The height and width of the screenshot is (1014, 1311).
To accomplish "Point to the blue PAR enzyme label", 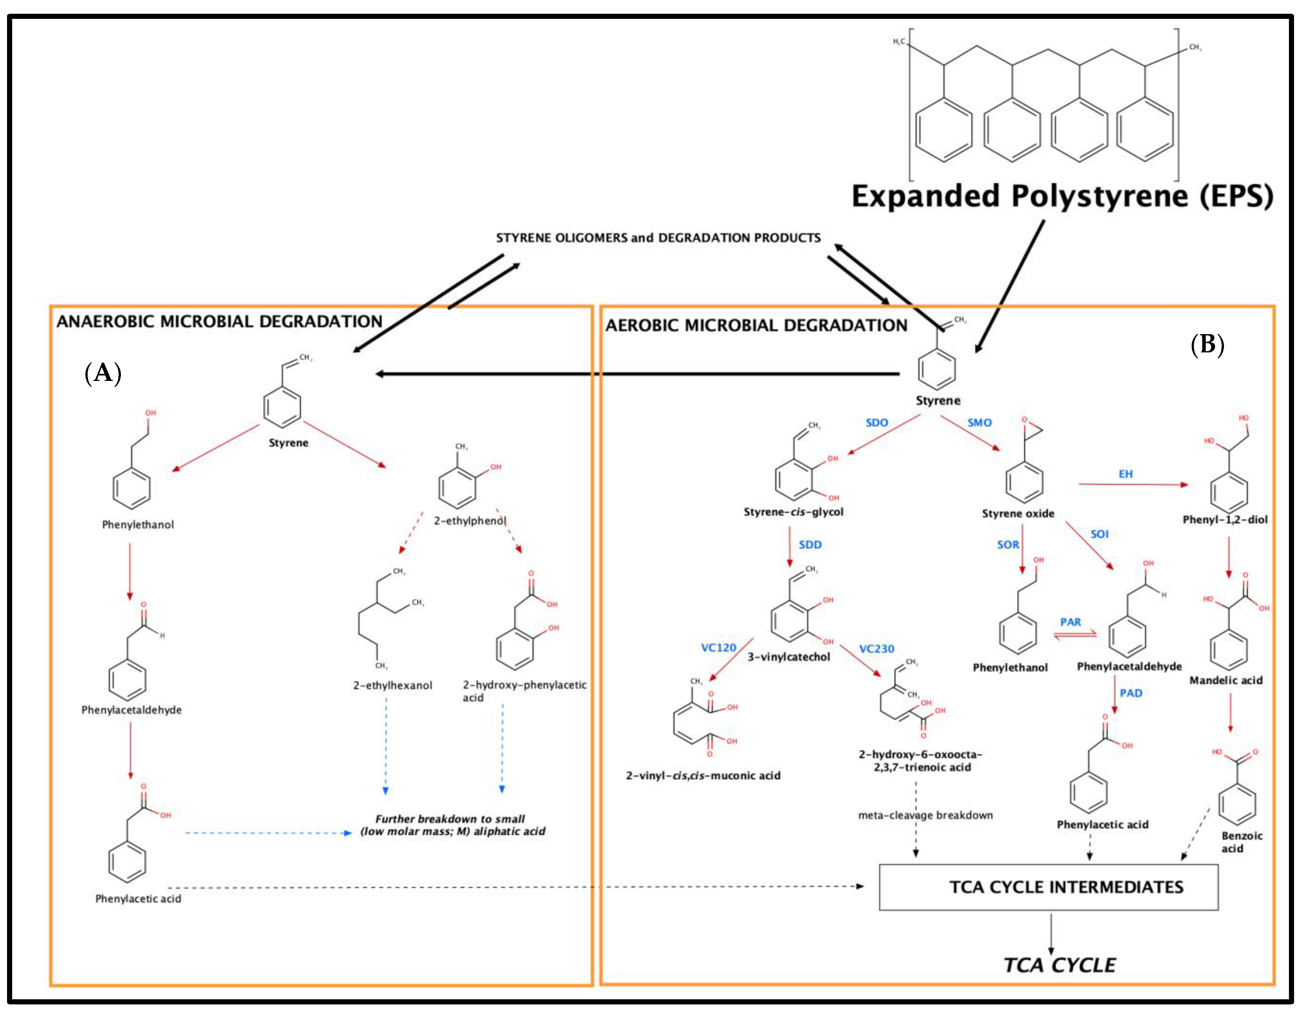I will [1070, 622].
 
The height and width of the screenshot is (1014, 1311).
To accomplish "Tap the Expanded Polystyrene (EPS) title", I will [1062, 196].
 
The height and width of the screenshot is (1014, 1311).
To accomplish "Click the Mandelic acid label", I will [1226, 680].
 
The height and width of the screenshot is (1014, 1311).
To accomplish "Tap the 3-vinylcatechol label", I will [788, 656].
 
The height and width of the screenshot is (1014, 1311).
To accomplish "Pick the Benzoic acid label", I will [1241, 841].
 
